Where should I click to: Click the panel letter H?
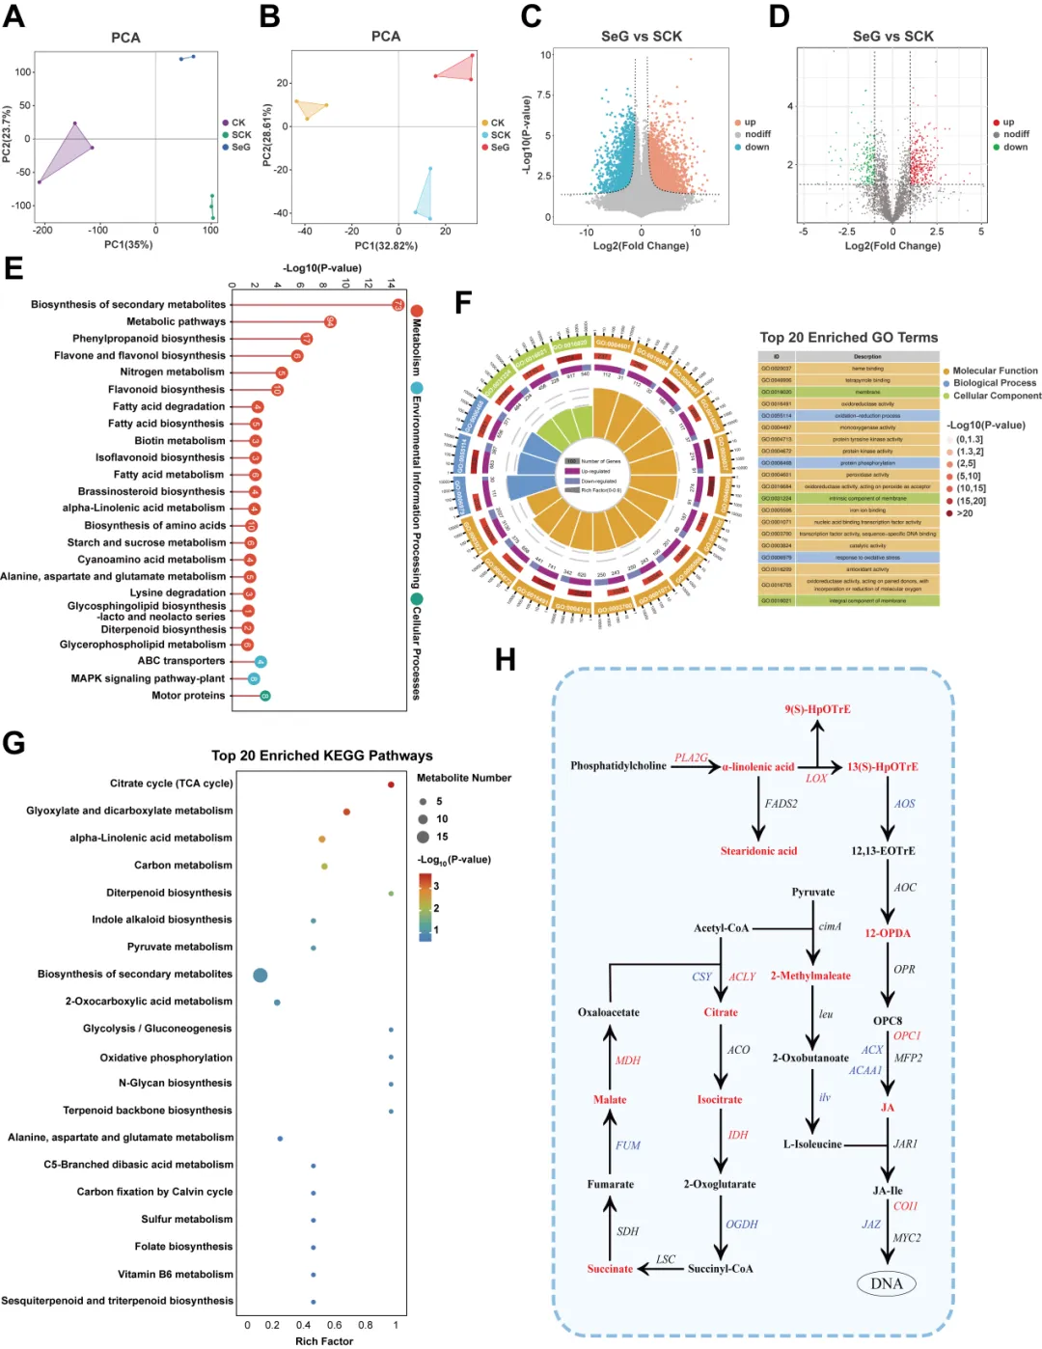pyautogui.click(x=505, y=660)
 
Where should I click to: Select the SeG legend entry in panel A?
pyautogui.click(x=240, y=148)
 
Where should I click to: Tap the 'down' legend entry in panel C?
pyautogui.click(x=756, y=148)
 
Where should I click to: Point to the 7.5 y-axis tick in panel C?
pyautogui.click(x=543, y=95)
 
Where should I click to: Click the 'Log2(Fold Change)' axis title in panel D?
pyautogui.click(x=892, y=246)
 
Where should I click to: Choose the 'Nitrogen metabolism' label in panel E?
pyautogui.click(x=172, y=372)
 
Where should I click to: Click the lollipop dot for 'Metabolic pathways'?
pyautogui.click(x=330, y=321)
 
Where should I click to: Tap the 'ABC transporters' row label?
pyautogui.click(x=181, y=661)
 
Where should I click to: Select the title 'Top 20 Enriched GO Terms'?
pyautogui.click(x=848, y=338)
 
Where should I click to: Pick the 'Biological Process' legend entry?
pyautogui.click(x=995, y=383)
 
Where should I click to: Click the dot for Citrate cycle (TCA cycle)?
pyautogui.click(x=391, y=785)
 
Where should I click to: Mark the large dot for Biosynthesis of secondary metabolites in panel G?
pyautogui.click(x=260, y=976)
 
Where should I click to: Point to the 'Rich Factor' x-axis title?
pyautogui.click(x=324, y=1341)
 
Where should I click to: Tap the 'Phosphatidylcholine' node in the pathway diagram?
pyautogui.click(x=617, y=766)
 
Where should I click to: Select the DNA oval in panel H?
pyautogui.click(x=886, y=1283)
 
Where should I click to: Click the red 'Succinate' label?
pyautogui.click(x=610, y=1269)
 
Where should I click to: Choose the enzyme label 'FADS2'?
pyautogui.click(x=781, y=804)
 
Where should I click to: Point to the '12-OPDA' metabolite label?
pyautogui.click(x=887, y=933)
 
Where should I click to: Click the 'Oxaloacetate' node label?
pyautogui.click(x=608, y=1012)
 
